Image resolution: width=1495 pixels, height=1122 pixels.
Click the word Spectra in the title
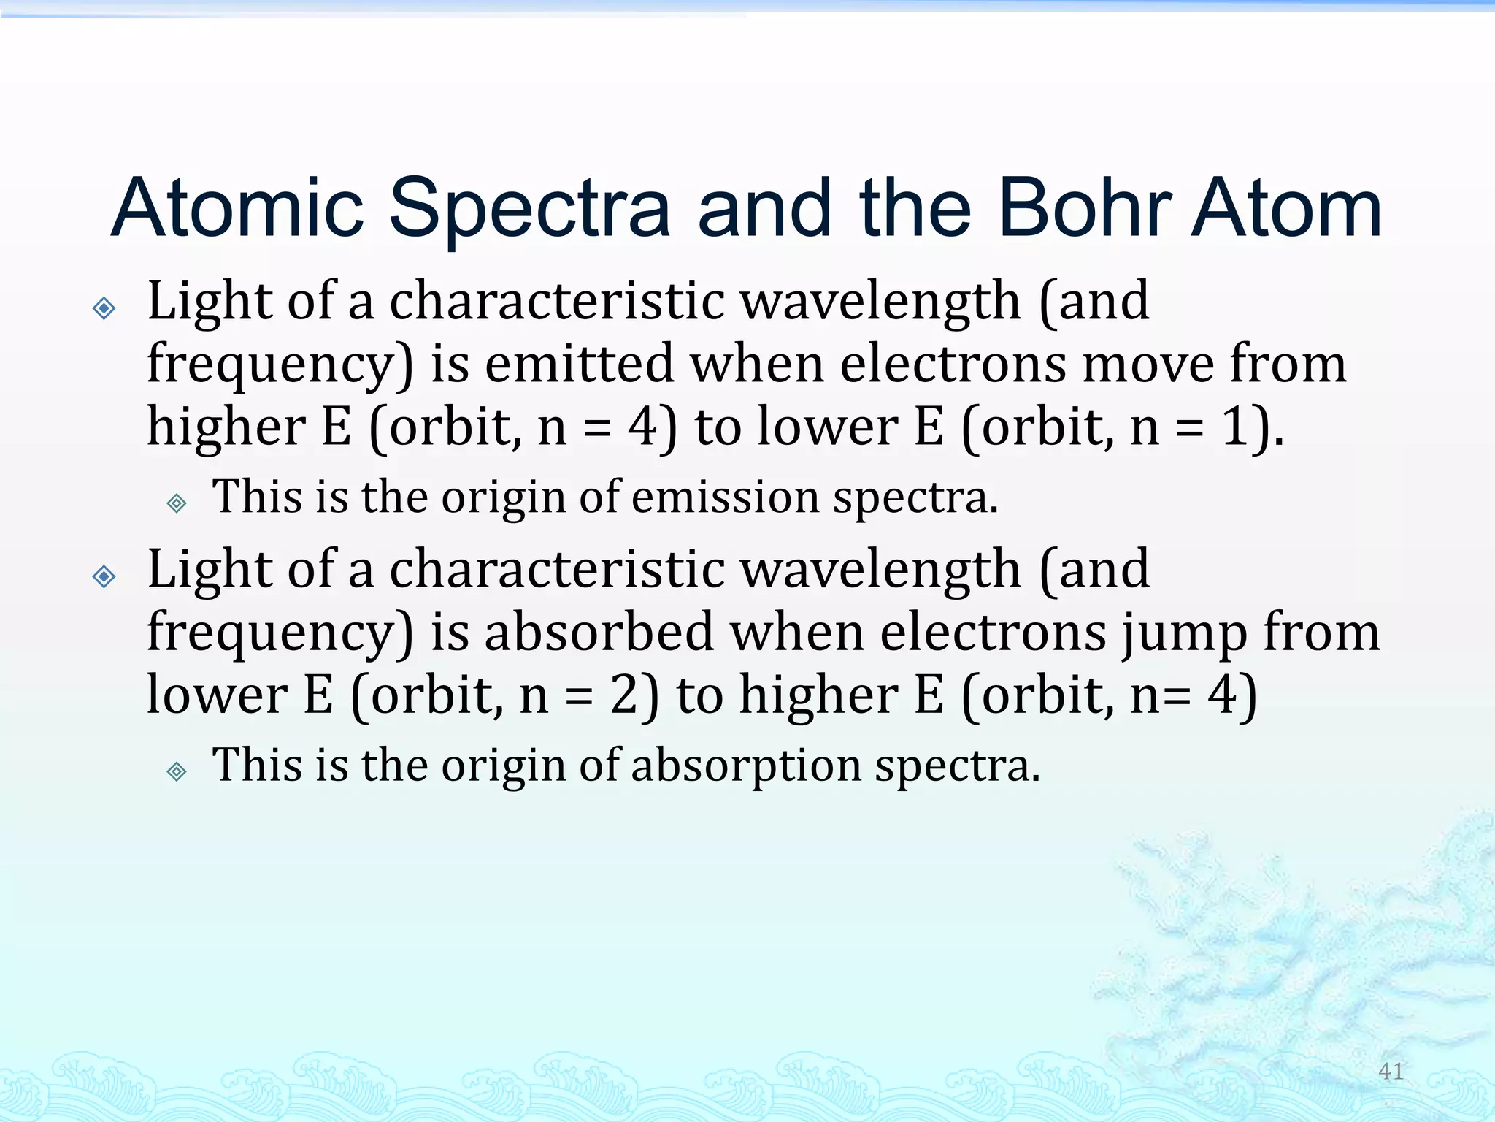coord(529,210)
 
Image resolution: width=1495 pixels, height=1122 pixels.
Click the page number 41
coord(1391,1071)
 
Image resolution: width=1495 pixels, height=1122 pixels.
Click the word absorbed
coord(599,632)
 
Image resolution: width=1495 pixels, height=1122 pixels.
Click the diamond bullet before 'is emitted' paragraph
coord(104,308)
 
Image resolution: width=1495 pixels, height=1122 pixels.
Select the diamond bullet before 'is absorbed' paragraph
coord(104,577)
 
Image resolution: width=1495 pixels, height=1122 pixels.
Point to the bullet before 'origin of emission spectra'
coord(177,503)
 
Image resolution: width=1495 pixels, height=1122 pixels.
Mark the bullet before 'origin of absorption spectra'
coord(177,771)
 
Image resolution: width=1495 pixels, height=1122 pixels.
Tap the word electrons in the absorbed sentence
coord(994,632)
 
